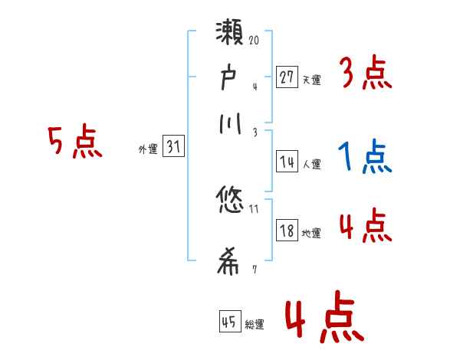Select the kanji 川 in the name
(x=231, y=123)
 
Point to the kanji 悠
(x=231, y=201)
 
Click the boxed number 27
(x=287, y=77)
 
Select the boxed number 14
(x=287, y=162)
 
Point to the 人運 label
(x=312, y=164)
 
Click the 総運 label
(x=255, y=325)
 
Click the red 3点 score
(x=365, y=75)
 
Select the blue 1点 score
(x=365, y=158)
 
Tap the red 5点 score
(x=74, y=142)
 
